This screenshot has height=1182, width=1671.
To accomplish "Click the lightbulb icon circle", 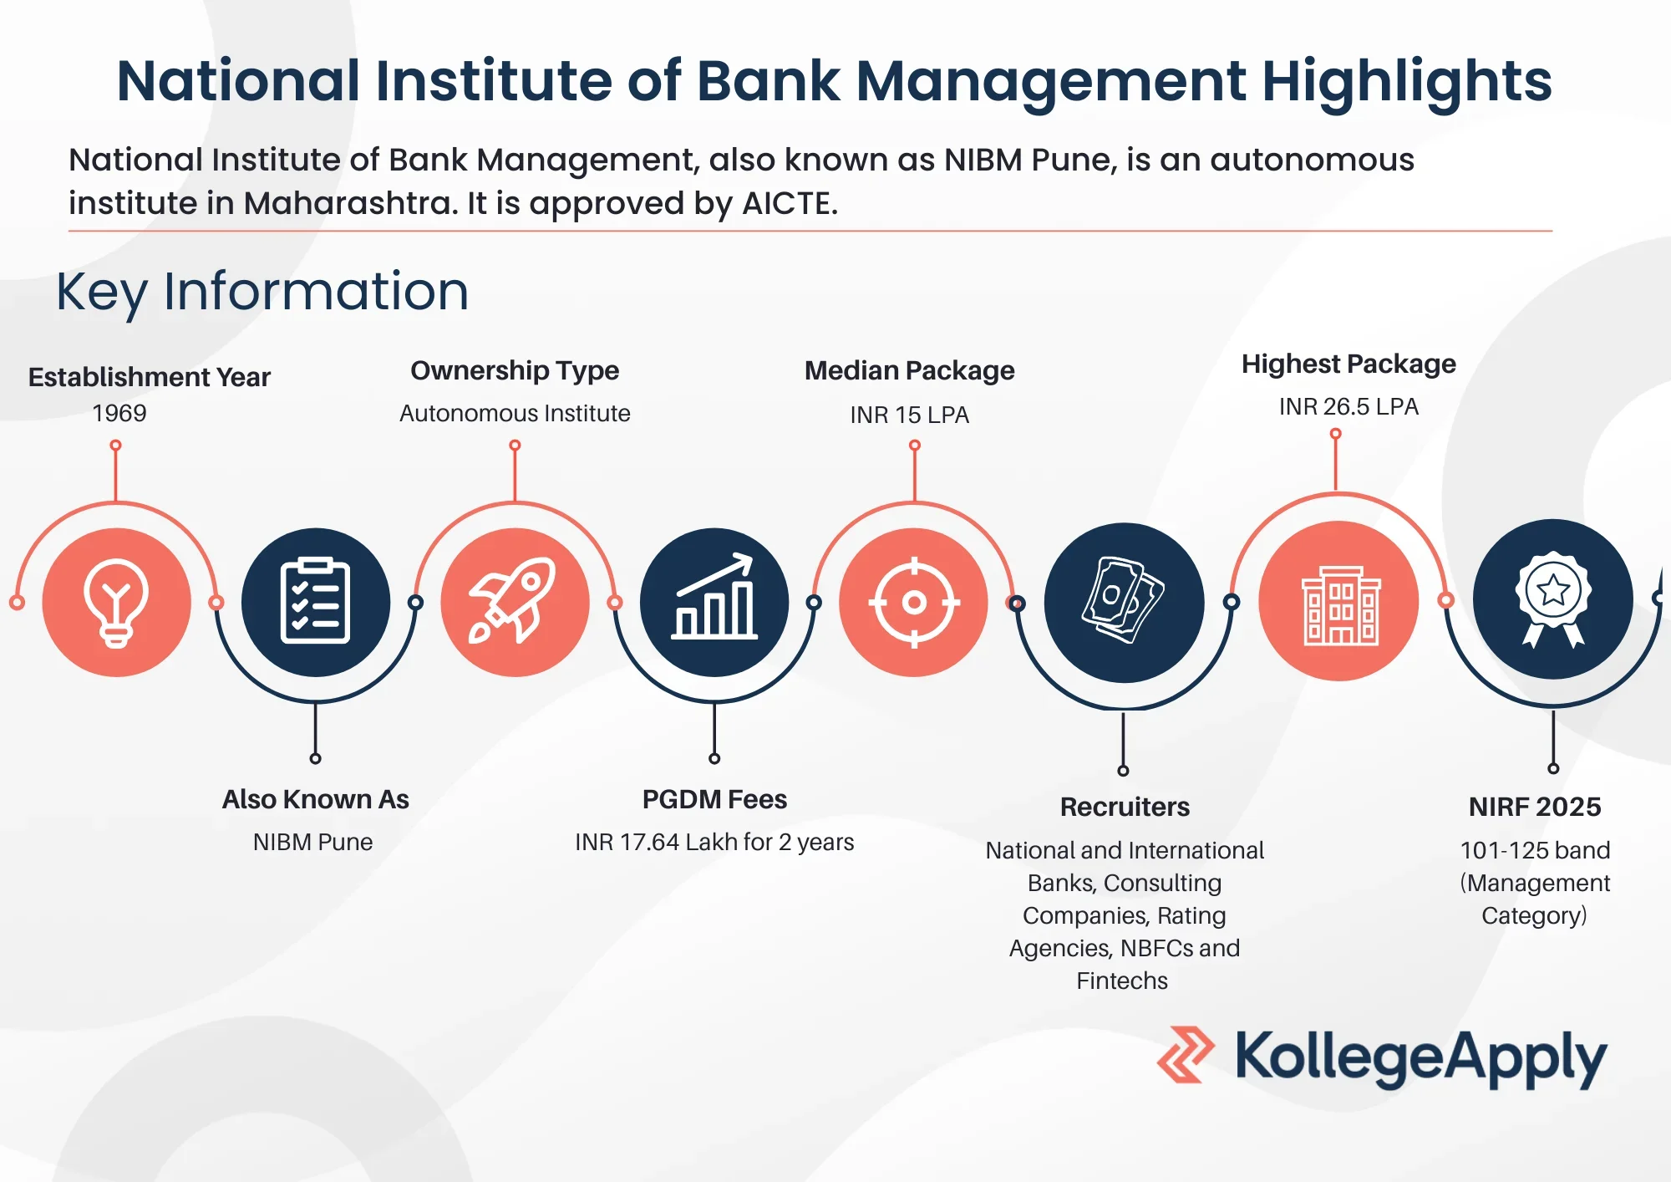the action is (116, 602).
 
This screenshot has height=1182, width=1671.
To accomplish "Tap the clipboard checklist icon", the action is (316, 602).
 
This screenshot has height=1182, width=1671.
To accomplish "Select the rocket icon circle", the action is (515, 602).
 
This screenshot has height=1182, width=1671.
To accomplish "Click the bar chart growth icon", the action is (714, 602).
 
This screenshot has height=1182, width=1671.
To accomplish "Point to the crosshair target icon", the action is (914, 602).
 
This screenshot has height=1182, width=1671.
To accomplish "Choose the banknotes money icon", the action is (1124, 602).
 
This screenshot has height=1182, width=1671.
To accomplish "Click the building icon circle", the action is (1338, 600).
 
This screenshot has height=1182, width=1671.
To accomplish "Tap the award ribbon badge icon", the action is (1552, 599).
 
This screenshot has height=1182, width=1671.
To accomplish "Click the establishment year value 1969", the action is (119, 413).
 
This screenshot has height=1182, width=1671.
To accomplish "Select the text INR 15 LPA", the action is (910, 415).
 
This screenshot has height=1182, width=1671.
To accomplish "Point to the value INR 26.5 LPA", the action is (1348, 406).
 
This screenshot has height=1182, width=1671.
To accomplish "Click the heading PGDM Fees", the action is (714, 799).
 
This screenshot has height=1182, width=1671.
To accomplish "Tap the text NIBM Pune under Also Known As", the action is (312, 842).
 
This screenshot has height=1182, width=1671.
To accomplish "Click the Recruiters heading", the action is (1125, 807).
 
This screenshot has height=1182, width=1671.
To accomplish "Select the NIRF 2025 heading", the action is (1535, 807).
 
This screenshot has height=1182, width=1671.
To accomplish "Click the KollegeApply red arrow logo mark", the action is (1186, 1055).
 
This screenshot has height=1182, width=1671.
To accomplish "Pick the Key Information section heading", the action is (262, 292).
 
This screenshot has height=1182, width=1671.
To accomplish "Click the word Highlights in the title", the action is (1406, 81).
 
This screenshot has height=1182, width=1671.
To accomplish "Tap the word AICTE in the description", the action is (790, 203).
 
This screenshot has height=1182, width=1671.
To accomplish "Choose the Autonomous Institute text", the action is (515, 413).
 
